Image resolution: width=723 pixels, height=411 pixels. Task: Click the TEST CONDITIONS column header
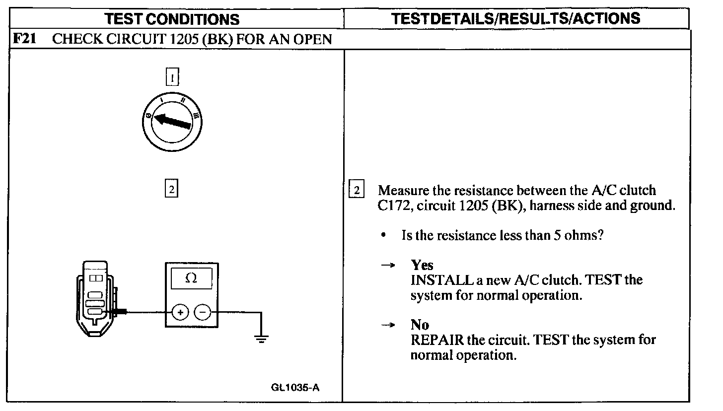point(172,19)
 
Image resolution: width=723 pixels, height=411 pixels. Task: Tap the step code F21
point(24,39)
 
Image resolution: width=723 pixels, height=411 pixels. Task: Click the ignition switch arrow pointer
point(172,121)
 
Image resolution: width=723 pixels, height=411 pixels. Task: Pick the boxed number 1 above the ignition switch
point(171,78)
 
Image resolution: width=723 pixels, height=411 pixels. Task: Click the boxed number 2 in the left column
point(171,189)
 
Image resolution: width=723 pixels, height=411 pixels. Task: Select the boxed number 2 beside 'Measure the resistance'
point(357,190)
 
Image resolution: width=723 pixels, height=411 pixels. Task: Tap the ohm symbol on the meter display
point(191,278)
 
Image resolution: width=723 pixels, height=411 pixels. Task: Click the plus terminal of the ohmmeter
point(179,312)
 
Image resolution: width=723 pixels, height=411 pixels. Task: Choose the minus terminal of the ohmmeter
point(203,312)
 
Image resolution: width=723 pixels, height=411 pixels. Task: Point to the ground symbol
point(261,339)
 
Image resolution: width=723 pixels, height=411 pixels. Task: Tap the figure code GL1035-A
point(295,387)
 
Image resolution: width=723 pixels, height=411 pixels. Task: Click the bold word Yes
point(422,265)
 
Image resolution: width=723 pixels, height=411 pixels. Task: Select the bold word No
point(420,325)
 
